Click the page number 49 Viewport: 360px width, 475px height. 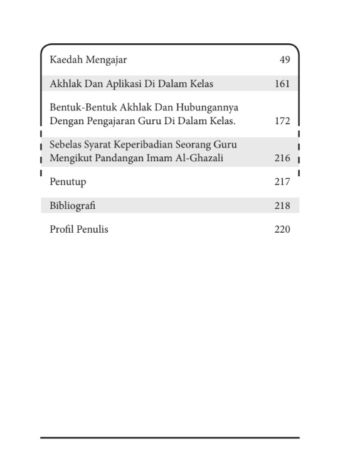(x=285, y=60)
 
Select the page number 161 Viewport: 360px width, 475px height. (x=282, y=83)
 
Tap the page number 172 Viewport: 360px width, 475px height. (x=282, y=121)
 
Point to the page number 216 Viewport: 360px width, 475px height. (x=282, y=159)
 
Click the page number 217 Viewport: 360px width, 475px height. (x=282, y=182)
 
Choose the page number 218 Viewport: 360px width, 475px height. (x=282, y=206)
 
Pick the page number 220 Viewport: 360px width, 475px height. (x=282, y=230)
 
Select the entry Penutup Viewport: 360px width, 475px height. (x=68, y=182)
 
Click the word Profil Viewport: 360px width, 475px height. (x=61, y=230)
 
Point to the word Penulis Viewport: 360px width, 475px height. (x=92, y=230)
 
